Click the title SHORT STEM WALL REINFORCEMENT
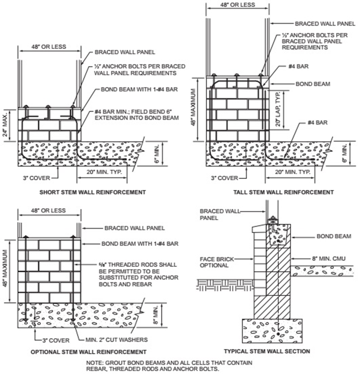click(92, 192)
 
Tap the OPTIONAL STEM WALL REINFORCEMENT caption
click(88, 351)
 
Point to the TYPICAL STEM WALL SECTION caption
click(267, 351)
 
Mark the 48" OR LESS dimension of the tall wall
click(237, 4)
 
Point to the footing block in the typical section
click(272, 330)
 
